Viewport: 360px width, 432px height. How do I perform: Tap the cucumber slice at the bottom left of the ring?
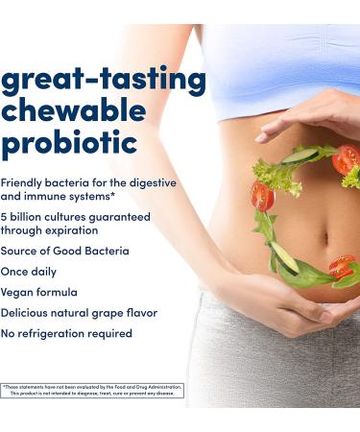[284, 257]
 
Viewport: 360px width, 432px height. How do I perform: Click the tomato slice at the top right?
[345, 158]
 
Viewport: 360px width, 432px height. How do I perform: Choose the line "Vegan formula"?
[39, 292]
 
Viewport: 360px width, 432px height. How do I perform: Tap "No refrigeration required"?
[66, 333]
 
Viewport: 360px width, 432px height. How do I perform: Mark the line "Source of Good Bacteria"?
[64, 251]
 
